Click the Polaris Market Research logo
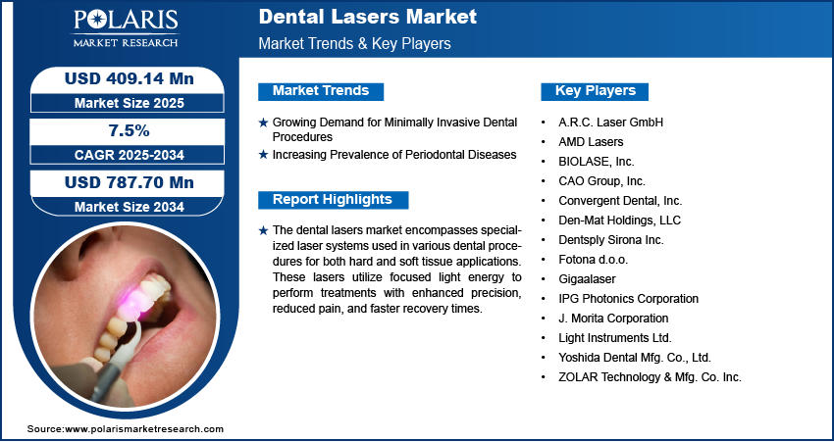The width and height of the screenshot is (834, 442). [x=126, y=28]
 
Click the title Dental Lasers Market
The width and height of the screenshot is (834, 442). [x=368, y=17]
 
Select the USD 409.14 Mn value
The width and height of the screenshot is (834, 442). [x=129, y=78]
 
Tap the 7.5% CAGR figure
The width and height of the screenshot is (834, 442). [x=130, y=130]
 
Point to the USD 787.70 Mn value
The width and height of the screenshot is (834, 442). [x=130, y=182]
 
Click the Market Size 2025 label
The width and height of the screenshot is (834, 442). [x=130, y=103]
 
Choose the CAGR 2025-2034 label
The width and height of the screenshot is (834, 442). [x=130, y=155]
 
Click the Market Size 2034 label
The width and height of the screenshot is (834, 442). [x=130, y=207]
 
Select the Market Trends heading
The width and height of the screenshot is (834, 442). [x=321, y=91]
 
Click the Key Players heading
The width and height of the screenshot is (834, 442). [x=596, y=91]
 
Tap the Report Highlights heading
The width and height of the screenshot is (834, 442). [x=333, y=200]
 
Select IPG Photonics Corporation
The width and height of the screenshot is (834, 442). [x=628, y=299]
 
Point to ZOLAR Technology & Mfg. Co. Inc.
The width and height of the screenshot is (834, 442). [x=650, y=377]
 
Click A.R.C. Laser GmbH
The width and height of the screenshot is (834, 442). [x=610, y=123]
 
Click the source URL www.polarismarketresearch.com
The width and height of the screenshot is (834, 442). [x=144, y=428]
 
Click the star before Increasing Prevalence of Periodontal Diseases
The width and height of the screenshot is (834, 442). [x=263, y=155]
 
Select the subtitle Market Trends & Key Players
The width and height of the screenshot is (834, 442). [x=355, y=43]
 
